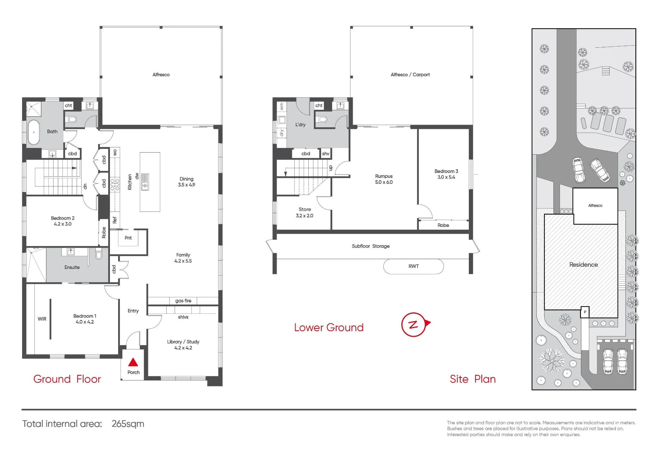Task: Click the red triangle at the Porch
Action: point(133,362)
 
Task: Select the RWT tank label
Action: point(414,266)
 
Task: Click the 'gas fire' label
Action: point(183,301)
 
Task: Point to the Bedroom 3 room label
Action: point(446,174)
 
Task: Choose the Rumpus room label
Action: point(384,179)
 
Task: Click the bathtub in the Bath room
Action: point(34,132)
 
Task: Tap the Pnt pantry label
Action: point(128,238)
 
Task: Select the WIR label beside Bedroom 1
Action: point(42,319)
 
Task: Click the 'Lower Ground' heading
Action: point(329,328)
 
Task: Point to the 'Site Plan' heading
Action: point(472,379)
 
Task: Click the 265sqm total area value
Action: point(128,424)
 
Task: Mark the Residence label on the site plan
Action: point(583,264)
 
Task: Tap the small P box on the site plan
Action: point(585,312)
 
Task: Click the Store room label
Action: point(305,212)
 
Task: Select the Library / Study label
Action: point(183,345)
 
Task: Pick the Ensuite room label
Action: point(72,267)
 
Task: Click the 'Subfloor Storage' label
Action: point(370,246)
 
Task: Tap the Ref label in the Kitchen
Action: point(114,220)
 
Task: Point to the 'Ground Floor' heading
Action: point(67,379)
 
